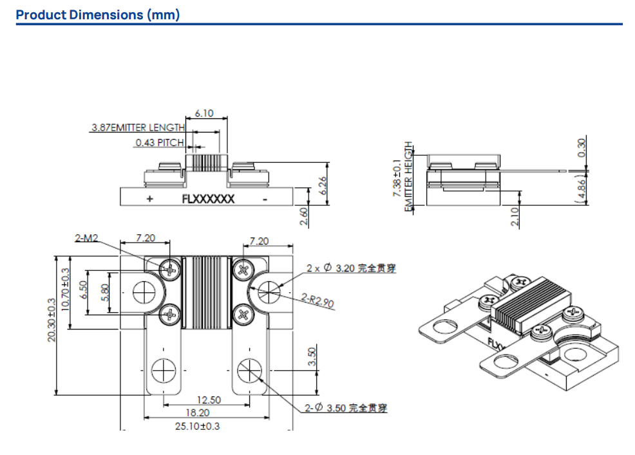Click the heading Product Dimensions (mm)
pyautogui.click(x=98, y=14)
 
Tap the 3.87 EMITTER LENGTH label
pyautogui.click(x=137, y=128)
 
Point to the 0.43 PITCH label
pyautogui.click(x=159, y=143)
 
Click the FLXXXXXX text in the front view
pyautogui.click(x=208, y=199)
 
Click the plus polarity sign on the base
pyautogui.click(x=149, y=199)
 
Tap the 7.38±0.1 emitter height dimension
pyautogui.click(x=397, y=178)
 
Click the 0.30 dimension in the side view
pyautogui.click(x=582, y=148)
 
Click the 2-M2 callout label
pyautogui.click(x=86, y=239)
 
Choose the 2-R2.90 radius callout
pyautogui.click(x=318, y=300)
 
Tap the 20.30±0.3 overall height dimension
pyautogui.click(x=51, y=320)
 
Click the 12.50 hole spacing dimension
pyautogui.click(x=209, y=400)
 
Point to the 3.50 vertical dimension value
pyautogui.click(x=312, y=357)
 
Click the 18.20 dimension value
pyautogui.click(x=197, y=413)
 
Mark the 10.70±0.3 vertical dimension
pyautogui.click(x=65, y=290)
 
